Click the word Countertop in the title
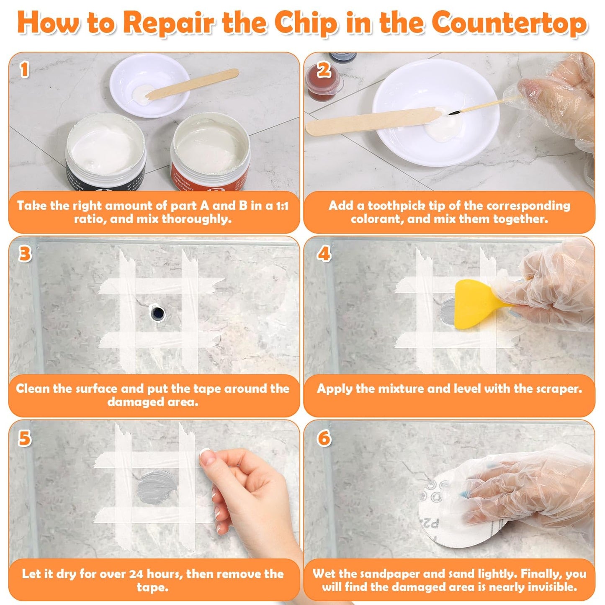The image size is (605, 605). coord(509,23)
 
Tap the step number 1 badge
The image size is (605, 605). coord(25,70)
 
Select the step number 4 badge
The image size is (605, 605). coord(324,254)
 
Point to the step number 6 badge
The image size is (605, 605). coord(324,438)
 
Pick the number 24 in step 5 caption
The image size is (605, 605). coord(136,574)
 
